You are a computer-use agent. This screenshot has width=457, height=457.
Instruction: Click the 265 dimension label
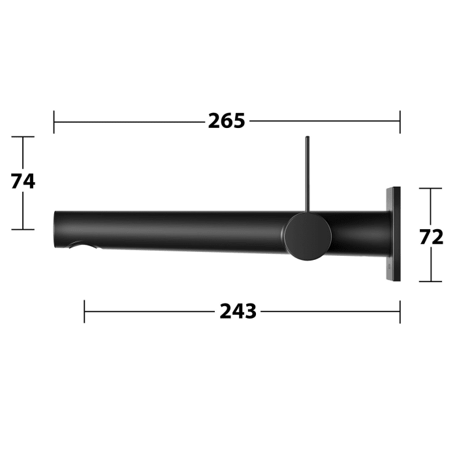click(227, 121)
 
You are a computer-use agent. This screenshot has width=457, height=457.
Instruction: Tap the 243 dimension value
click(238, 312)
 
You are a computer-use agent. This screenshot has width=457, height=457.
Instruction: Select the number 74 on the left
click(23, 181)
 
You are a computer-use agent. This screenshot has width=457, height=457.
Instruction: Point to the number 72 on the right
click(432, 236)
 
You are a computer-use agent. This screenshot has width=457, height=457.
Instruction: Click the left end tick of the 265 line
click(54, 121)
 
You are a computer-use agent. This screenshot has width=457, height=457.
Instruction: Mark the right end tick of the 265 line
click(400, 121)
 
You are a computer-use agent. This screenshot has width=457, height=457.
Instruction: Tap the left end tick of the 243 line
click(84, 311)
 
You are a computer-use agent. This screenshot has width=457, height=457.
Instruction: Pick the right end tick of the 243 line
click(400, 311)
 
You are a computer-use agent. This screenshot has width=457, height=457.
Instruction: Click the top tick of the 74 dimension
click(24, 137)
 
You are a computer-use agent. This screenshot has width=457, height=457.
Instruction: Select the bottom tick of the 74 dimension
click(24, 229)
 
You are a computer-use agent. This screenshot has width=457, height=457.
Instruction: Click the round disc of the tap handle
click(307, 236)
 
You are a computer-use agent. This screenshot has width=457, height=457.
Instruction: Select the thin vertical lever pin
click(306, 176)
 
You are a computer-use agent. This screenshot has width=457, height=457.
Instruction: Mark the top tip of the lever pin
click(306, 138)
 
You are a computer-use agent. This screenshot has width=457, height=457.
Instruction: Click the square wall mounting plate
click(393, 234)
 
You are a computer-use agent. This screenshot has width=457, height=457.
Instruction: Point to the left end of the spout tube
click(55, 228)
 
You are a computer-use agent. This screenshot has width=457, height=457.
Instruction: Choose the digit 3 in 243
click(250, 312)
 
